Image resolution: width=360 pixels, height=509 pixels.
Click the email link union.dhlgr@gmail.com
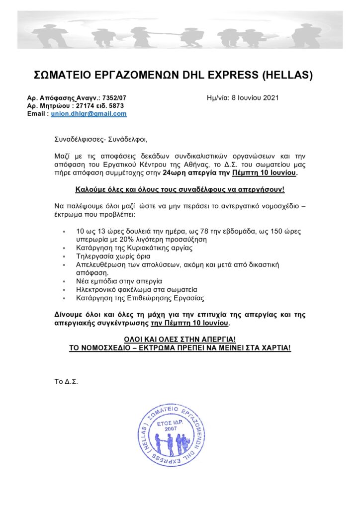coord(89,114)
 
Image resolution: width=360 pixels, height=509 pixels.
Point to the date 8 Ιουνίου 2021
coord(254,98)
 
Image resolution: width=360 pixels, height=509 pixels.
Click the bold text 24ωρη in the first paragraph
coord(174,172)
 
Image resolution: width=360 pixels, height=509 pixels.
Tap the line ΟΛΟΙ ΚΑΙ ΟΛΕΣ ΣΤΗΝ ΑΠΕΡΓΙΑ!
coord(180,339)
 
